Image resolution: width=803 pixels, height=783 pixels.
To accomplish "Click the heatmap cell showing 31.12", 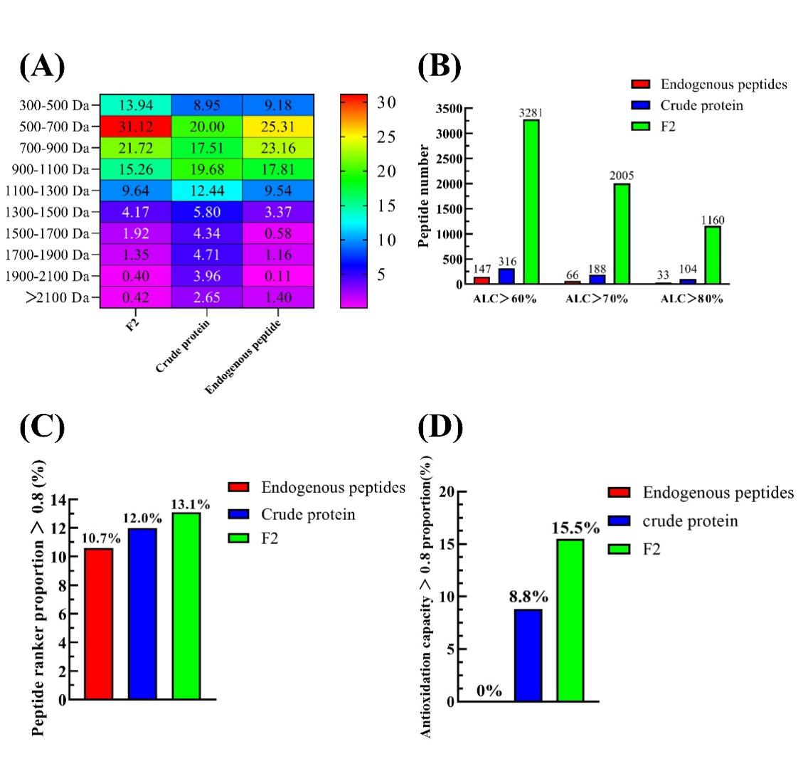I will [135, 127].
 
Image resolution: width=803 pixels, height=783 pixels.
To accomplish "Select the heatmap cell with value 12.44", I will [206, 191].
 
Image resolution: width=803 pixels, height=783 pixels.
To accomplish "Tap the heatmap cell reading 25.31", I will [278, 127].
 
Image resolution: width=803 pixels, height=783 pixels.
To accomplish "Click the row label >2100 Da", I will [57, 297].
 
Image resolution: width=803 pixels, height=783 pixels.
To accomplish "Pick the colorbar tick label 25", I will [385, 137].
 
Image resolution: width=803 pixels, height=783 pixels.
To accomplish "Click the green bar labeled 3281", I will [531, 202].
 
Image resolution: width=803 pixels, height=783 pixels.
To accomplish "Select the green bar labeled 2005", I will [622, 234].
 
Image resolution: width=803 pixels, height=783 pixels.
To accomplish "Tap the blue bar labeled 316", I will [506, 276].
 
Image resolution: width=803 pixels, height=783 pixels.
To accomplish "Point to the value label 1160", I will [712, 220].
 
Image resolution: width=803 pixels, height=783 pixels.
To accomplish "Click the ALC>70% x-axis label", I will [596, 299].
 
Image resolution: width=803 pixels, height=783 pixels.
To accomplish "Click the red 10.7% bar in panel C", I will [99, 624].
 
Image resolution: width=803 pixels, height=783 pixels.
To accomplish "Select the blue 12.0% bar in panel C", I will [142, 614].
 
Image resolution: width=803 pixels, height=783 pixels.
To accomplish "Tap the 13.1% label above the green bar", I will [190, 505].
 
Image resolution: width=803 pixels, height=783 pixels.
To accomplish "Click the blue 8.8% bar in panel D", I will [528, 655].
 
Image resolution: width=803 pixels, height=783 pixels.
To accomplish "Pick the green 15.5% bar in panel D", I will [570, 620].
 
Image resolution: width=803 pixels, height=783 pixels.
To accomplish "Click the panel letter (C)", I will [42, 427].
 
